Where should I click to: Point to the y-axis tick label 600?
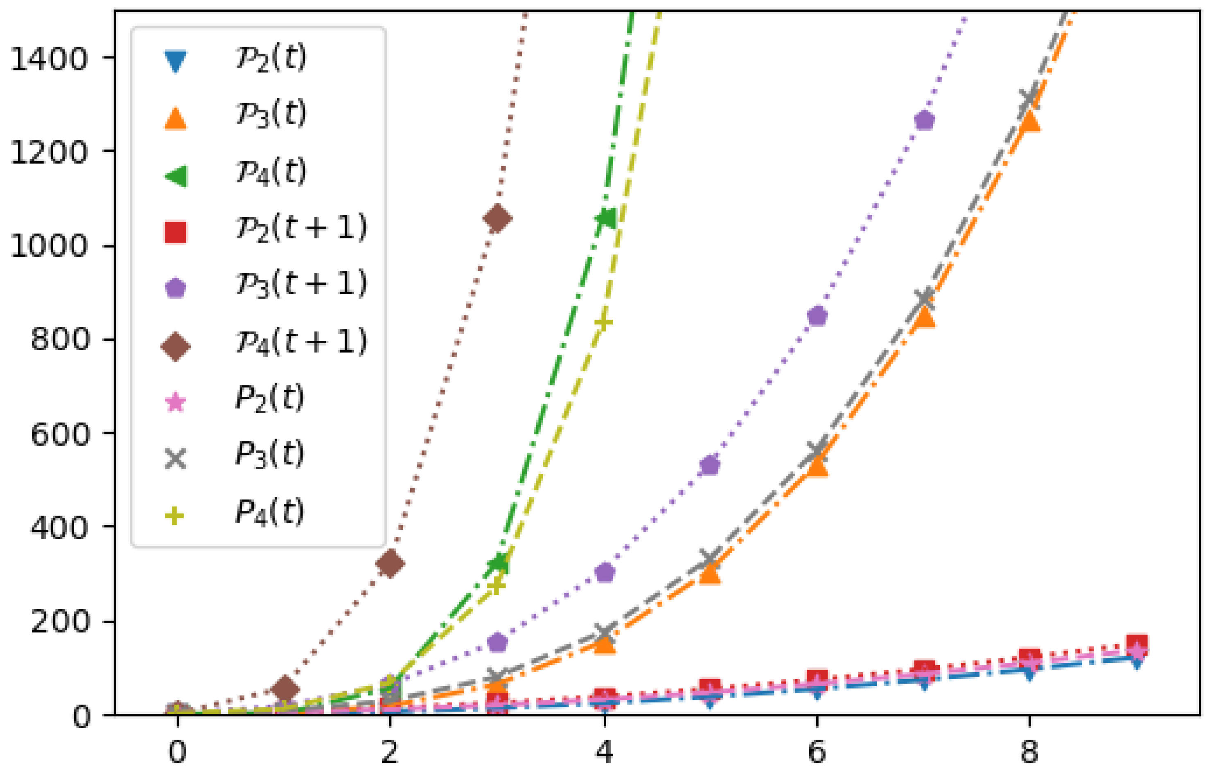[59, 434]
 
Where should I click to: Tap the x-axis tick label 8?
[1029, 752]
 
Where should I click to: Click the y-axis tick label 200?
[59, 622]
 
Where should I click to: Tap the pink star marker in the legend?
[176, 403]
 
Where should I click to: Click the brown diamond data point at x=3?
[497, 219]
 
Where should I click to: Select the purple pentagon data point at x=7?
[925, 120]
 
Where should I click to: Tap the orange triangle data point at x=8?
[1029, 122]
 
